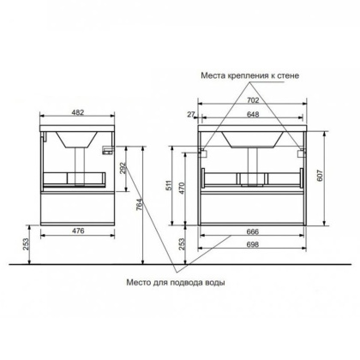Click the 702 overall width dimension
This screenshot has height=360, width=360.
(x=253, y=100)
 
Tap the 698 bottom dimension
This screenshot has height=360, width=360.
(x=253, y=244)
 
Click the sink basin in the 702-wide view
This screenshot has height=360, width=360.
(x=253, y=137)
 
